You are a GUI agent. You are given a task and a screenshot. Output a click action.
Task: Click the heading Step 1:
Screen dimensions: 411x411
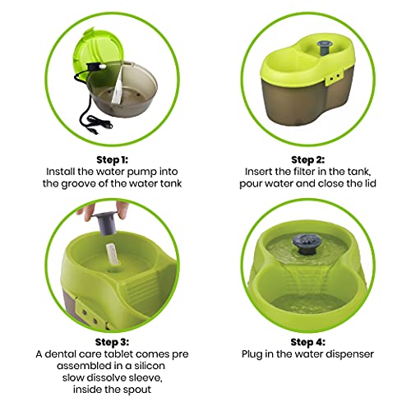point(112,159)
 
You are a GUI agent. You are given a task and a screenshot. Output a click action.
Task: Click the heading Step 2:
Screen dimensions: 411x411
point(307,159)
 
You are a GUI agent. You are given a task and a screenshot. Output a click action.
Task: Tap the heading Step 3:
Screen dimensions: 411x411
point(112,342)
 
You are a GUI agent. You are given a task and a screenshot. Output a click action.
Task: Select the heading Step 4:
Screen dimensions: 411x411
point(307,342)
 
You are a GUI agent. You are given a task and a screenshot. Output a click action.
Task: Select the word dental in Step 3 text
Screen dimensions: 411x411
point(60,354)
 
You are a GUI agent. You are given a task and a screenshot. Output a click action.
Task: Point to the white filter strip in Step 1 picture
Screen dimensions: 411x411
point(118,85)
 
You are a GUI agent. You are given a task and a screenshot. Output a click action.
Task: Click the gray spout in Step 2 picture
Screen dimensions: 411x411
point(323,48)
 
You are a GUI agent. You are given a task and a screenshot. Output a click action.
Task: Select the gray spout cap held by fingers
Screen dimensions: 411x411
point(105,223)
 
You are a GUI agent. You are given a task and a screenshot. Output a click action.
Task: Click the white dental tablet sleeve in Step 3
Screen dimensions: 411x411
point(112,254)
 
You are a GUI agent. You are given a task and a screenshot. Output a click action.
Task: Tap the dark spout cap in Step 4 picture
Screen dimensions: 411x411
point(305,243)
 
